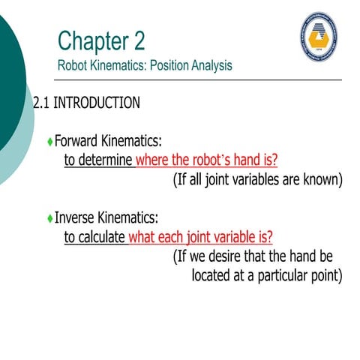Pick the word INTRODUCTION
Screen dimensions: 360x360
(97, 103)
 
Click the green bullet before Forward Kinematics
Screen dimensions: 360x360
(49, 141)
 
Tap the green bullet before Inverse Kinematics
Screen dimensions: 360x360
(49, 219)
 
